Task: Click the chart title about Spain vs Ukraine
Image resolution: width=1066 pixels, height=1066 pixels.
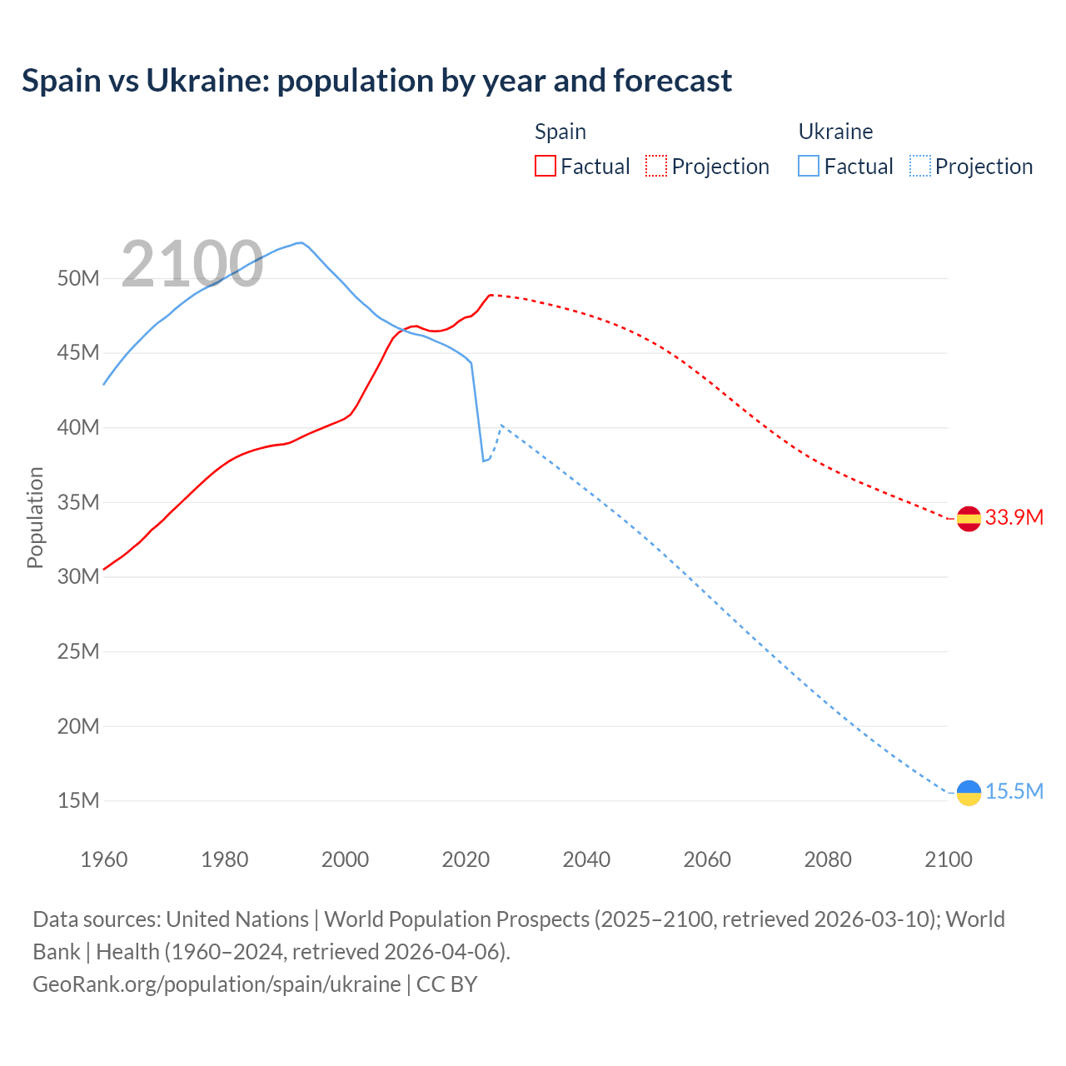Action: (x=376, y=81)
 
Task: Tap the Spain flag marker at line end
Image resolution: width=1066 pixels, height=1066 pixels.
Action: (x=969, y=518)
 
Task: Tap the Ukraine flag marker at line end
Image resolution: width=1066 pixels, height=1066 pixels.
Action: (x=969, y=792)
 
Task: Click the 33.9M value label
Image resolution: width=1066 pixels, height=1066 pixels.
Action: (x=1014, y=517)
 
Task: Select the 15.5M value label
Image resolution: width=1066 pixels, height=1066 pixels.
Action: (x=1014, y=791)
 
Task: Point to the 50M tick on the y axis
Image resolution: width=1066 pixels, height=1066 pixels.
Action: (x=78, y=278)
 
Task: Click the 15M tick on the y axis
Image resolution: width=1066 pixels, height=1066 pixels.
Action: (x=78, y=800)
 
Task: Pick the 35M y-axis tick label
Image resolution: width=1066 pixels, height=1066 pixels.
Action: (x=78, y=502)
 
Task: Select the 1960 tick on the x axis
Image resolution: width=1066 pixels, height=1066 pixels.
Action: (x=104, y=859)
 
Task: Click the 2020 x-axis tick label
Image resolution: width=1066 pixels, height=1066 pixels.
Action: (x=466, y=859)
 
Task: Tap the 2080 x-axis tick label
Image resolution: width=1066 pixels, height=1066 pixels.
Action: (x=827, y=859)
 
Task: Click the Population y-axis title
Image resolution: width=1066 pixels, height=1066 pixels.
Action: (x=35, y=517)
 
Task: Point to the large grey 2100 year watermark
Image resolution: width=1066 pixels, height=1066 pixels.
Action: (x=192, y=264)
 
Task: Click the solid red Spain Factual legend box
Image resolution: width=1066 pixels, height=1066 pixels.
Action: (x=545, y=166)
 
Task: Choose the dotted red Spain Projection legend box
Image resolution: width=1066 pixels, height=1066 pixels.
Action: (x=656, y=166)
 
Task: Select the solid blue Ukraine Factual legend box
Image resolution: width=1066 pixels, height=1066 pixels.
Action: (x=809, y=166)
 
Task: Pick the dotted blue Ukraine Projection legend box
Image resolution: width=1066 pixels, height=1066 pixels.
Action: (x=919, y=166)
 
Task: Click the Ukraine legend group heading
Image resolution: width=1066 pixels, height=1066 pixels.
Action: (x=835, y=132)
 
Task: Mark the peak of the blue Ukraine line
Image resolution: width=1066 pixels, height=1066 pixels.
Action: (x=300, y=243)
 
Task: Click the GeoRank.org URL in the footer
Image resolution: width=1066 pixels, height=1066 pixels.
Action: (x=217, y=984)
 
